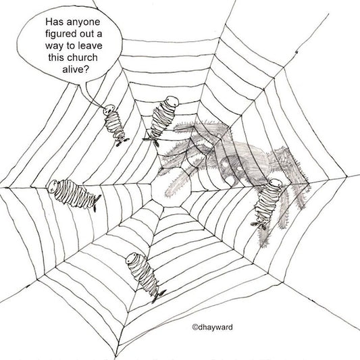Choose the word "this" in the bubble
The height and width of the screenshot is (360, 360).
[x=55, y=57]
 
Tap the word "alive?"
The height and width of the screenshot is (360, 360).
[x=75, y=70]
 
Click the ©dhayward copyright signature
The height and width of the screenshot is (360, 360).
[x=212, y=327]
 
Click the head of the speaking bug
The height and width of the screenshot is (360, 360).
[x=109, y=109]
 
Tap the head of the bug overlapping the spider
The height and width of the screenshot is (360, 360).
[x=275, y=184]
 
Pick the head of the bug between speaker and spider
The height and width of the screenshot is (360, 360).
[x=172, y=101]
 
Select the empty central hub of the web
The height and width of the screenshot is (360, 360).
[x=172, y=186]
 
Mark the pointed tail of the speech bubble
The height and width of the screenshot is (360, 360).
[x=102, y=106]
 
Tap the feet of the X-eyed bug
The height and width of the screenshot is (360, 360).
[x=97, y=202]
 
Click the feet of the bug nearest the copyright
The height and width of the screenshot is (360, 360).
[x=159, y=297]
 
